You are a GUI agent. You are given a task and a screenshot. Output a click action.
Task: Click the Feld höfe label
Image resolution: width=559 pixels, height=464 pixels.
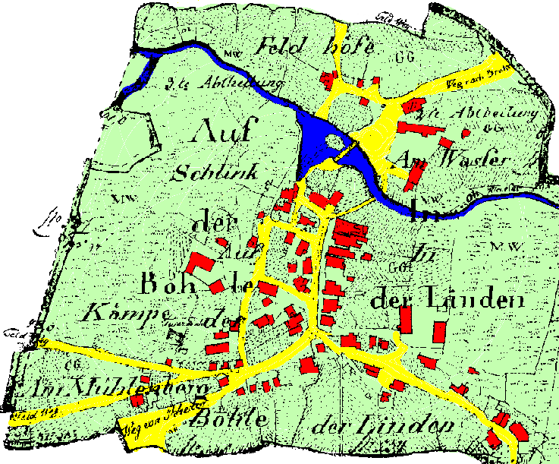[x=317, y=46]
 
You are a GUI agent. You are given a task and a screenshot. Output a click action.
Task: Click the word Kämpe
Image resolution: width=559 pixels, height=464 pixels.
[x=126, y=313]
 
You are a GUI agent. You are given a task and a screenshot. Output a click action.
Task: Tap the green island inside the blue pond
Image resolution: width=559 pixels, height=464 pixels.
[x=334, y=140]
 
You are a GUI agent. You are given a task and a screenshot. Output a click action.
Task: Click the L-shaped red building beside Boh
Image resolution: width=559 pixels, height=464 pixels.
[x=201, y=264]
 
